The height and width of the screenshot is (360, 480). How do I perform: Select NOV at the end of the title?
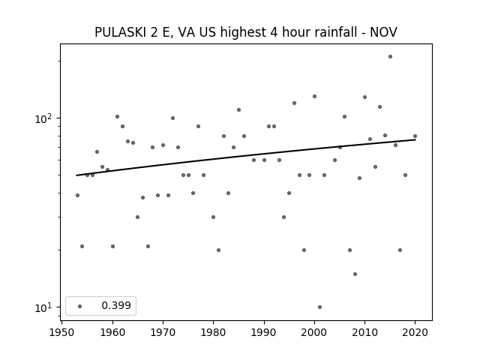[x=383, y=32]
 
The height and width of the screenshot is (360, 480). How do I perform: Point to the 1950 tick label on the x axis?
[x=62, y=332]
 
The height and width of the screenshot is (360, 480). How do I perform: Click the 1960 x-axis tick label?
[x=112, y=332]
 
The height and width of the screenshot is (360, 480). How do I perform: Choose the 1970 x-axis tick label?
[x=163, y=332]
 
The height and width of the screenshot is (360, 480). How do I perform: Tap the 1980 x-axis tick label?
[x=213, y=332]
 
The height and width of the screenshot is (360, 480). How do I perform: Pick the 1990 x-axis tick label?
[x=264, y=332]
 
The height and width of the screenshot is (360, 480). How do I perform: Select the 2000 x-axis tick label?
[x=314, y=332]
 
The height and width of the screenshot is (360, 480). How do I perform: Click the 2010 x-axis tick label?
[x=364, y=332]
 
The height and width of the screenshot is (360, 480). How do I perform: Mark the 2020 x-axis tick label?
[x=415, y=332]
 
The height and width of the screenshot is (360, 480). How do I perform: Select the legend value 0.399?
[x=116, y=305]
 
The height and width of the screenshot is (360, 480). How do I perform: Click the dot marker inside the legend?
[x=80, y=306]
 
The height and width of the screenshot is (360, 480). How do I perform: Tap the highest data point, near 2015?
[x=390, y=57]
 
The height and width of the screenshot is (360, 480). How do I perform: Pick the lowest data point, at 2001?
[x=320, y=307]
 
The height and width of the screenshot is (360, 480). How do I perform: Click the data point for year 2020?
[x=415, y=136]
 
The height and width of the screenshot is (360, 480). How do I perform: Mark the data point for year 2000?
[x=314, y=97]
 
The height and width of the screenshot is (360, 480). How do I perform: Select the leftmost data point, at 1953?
[x=77, y=195]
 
